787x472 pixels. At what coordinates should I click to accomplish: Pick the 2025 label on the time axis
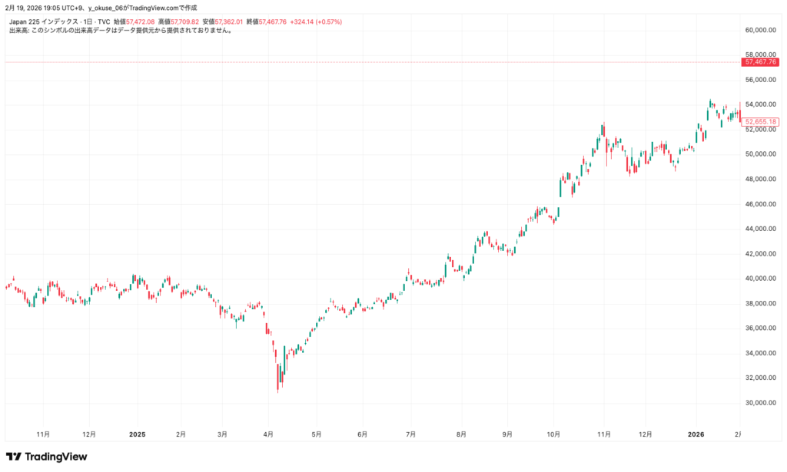[137, 434]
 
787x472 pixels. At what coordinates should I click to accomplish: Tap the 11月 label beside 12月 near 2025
[43, 434]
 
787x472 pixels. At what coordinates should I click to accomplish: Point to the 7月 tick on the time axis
[410, 434]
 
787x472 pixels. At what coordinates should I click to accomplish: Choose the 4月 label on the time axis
[268, 434]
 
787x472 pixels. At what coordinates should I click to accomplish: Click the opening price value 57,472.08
[141, 22]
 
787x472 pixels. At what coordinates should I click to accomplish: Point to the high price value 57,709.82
[185, 22]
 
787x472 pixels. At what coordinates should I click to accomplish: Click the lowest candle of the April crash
[278, 387]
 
